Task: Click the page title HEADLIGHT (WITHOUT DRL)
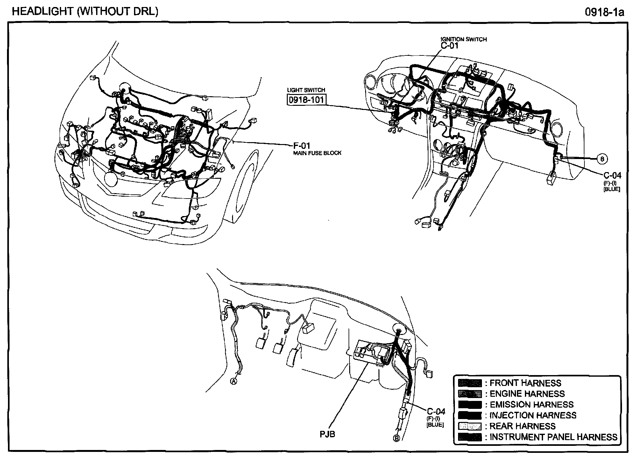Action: pyautogui.click(x=85, y=11)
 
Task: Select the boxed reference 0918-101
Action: pyautogui.click(x=307, y=100)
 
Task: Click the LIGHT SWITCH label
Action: pyautogui.click(x=306, y=90)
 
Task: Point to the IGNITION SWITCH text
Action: pyautogui.click(x=464, y=39)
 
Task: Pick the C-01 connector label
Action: pyautogui.click(x=449, y=46)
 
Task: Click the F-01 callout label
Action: pyautogui.click(x=301, y=146)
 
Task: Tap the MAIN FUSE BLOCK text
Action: pyautogui.click(x=317, y=153)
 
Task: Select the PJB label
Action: pyautogui.click(x=328, y=434)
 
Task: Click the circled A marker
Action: pyautogui.click(x=234, y=381)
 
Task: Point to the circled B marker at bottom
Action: pyautogui.click(x=397, y=439)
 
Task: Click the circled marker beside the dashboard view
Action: pyautogui.click(x=602, y=158)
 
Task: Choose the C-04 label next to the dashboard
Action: pyautogui.click(x=612, y=175)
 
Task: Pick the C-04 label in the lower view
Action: pyautogui.click(x=436, y=411)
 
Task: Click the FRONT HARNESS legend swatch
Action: pyautogui.click(x=470, y=383)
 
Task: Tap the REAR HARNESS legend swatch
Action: pyautogui.click(x=470, y=426)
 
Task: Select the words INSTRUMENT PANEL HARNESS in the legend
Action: pyautogui.click(x=553, y=437)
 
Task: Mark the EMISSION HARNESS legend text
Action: pyautogui.click(x=531, y=404)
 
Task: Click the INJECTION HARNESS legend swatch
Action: pyautogui.click(x=470, y=415)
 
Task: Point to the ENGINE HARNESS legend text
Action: pyautogui.click(x=527, y=394)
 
